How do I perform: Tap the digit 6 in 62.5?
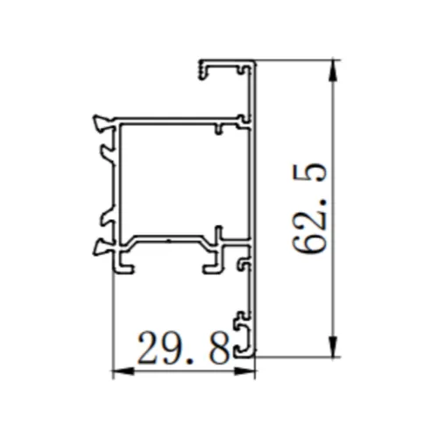[311, 240]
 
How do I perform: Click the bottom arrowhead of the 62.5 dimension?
[333, 349]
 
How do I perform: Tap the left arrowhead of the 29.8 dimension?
[121, 371]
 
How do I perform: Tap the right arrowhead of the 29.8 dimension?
[249, 371]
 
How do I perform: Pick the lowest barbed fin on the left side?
[102, 249]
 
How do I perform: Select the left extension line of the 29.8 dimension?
[115, 315]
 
